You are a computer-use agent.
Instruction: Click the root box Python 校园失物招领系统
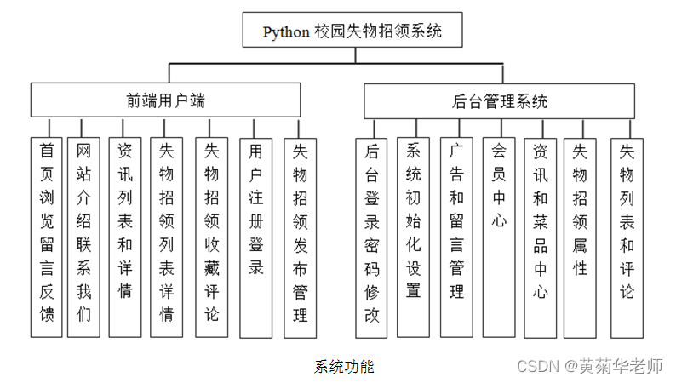(352, 32)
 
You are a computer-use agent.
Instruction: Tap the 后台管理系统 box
(500, 101)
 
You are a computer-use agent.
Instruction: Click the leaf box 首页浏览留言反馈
(47, 237)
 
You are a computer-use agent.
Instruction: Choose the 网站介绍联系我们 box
(83, 237)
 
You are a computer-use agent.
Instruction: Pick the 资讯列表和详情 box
(125, 237)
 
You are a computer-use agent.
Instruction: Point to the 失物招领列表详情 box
(167, 237)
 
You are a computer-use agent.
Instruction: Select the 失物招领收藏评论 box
(211, 237)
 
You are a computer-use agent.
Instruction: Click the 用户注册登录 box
(255, 237)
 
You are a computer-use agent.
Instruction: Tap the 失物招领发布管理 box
(300, 237)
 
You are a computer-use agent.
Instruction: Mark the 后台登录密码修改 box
(371, 237)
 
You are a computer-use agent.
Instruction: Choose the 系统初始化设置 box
(414, 237)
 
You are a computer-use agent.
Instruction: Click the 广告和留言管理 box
(456, 237)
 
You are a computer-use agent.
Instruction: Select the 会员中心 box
(498, 237)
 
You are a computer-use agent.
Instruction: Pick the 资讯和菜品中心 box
(540, 237)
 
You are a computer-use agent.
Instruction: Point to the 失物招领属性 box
(580, 237)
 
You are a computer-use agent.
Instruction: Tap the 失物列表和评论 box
(627, 237)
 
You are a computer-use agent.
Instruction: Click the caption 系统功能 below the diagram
(344, 367)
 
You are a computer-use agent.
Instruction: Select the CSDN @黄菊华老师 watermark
(590, 366)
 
